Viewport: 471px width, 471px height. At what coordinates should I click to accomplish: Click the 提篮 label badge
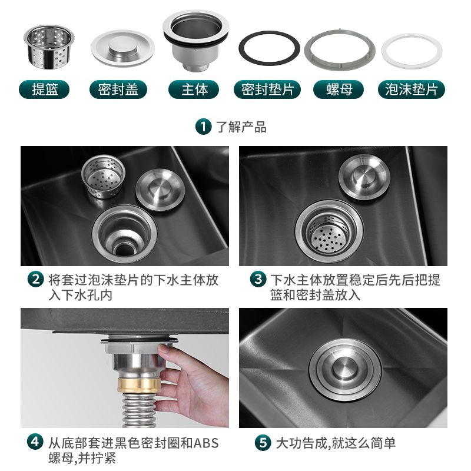click(x=44, y=89)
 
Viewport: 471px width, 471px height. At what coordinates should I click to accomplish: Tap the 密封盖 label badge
click(x=118, y=89)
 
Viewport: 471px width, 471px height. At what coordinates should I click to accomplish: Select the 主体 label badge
click(x=194, y=89)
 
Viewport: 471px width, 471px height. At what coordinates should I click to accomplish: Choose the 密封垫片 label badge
click(x=267, y=89)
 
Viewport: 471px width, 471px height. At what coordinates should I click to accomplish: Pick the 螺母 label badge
click(x=339, y=89)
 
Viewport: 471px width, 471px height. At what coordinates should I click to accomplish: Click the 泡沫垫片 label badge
click(x=411, y=89)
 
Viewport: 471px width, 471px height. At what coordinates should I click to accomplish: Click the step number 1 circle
click(x=203, y=127)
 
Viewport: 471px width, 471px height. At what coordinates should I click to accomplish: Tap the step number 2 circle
click(x=35, y=279)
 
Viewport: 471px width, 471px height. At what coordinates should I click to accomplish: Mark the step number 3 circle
click(x=258, y=279)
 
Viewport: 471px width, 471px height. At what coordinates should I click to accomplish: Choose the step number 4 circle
click(x=35, y=442)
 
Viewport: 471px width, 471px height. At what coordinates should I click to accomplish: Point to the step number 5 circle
click(x=263, y=443)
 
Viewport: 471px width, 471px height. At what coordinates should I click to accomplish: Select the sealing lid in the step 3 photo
click(x=364, y=177)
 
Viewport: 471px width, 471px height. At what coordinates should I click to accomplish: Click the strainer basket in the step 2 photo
click(x=104, y=176)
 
